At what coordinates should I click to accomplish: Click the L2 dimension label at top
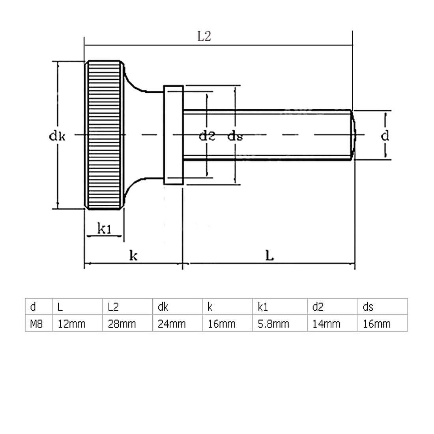coord(204,37)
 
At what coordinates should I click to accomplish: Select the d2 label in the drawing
coord(206,136)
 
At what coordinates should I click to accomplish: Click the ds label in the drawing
coord(235,137)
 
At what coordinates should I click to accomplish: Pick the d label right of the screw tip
coord(385,136)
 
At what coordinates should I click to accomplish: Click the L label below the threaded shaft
coord(269,256)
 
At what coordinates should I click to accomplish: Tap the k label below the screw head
coord(134,256)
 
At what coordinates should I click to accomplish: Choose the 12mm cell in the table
coord(71,324)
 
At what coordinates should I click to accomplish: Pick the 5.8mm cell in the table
coord(274,324)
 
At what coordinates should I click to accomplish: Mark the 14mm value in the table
coord(325,324)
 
